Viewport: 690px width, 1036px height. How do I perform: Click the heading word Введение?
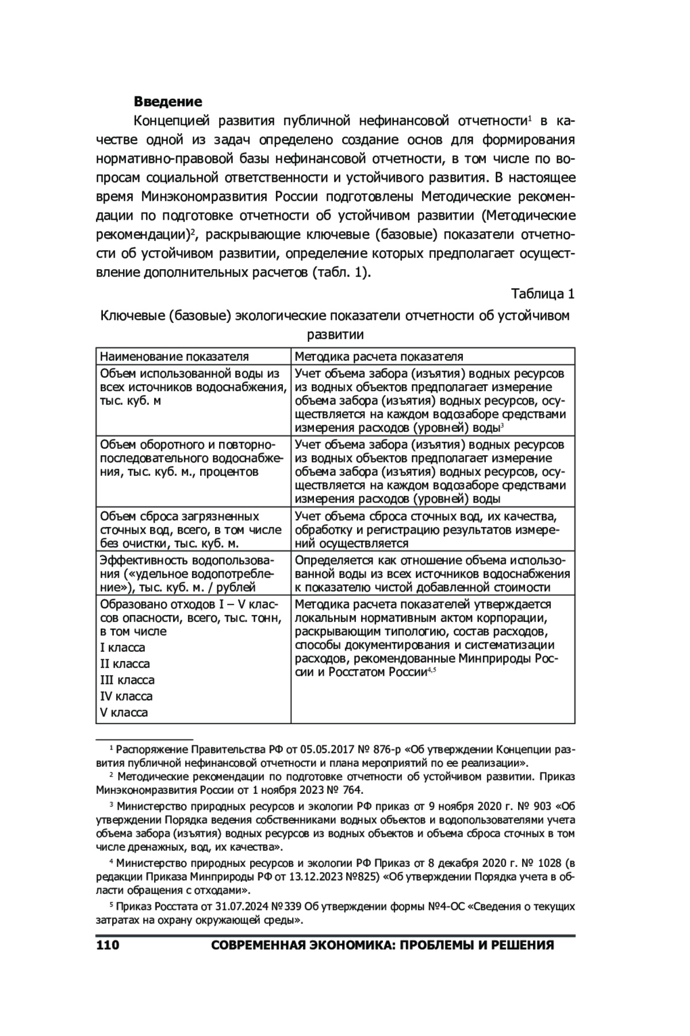coord(168,102)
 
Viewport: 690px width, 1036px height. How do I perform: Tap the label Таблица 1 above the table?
coord(543,294)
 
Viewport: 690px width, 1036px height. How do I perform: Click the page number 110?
coord(108,945)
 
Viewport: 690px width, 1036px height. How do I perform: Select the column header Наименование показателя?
coord(174,357)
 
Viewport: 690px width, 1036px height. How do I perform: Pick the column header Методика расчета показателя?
coord(379,357)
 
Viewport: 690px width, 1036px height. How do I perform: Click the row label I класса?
coord(122,648)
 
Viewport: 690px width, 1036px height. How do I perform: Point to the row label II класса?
coord(125,664)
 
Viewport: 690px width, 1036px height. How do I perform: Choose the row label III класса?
coord(127,680)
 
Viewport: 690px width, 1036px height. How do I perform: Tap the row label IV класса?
coord(126,696)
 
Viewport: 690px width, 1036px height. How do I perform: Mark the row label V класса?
coord(124,712)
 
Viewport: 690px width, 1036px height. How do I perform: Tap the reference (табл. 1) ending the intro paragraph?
coord(341,272)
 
